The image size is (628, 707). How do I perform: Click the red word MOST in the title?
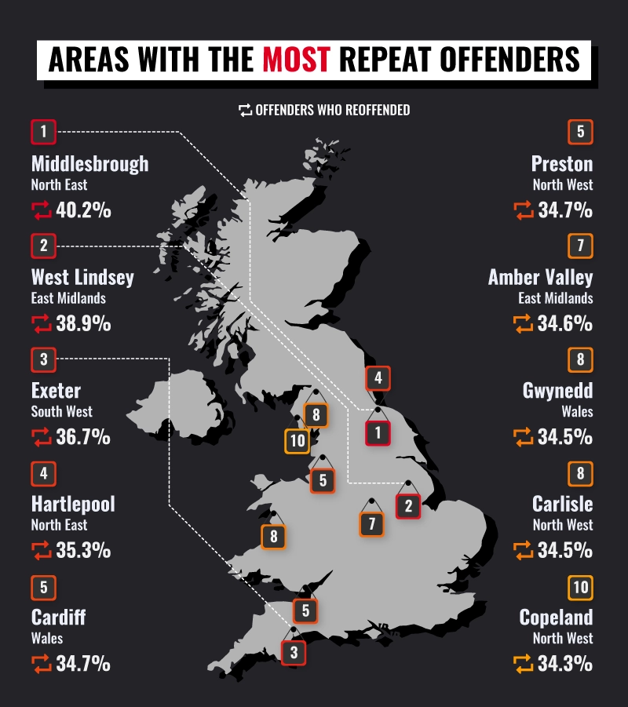click(297, 60)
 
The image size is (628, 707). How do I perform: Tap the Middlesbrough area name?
click(89, 164)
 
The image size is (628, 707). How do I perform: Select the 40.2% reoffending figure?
click(83, 210)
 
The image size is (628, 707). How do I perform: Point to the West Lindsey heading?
click(82, 277)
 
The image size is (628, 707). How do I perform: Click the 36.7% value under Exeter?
click(83, 437)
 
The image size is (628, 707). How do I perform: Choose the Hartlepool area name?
click(73, 504)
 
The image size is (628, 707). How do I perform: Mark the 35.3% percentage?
click(83, 550)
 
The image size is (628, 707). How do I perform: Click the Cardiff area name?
click(59, 617)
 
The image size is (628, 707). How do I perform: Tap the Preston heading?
click(561, 164)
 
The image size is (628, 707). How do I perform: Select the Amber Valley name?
click(540, 277)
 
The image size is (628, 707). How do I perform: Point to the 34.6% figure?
click(564, 323)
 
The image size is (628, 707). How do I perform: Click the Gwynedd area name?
click(557, 391)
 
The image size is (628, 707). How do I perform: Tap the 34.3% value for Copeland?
click(564, 664)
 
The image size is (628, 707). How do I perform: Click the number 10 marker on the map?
click(297, 441)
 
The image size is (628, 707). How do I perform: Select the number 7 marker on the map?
click(372, 524)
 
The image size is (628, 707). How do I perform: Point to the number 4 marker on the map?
click(378, 378)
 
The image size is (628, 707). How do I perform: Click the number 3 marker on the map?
click(294, 652)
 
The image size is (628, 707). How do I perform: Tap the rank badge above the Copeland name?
click(580, 587)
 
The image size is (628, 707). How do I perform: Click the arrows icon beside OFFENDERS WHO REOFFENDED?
click(245, 111)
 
